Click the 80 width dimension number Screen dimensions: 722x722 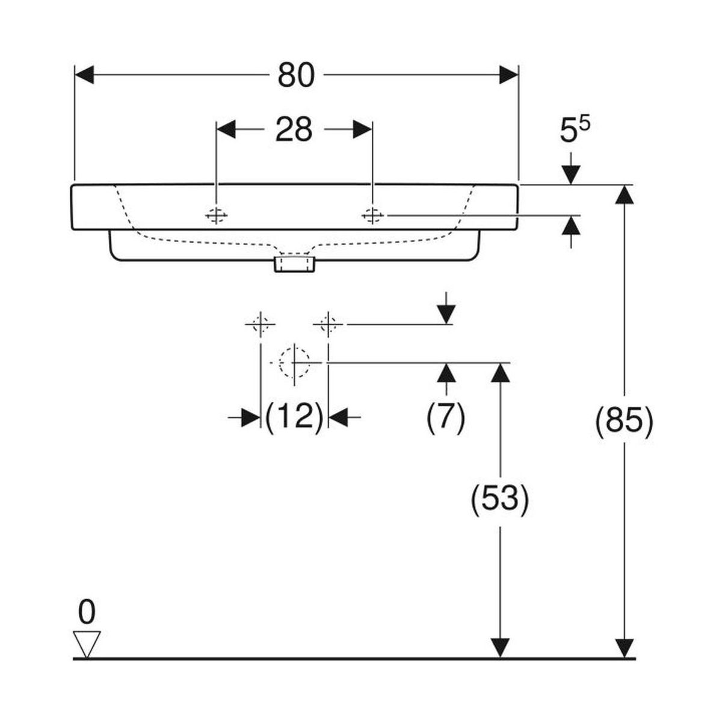[296, 76]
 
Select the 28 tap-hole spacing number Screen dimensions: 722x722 [294, 129]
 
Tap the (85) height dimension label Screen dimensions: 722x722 [623, 422]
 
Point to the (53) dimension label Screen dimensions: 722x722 [499, 498]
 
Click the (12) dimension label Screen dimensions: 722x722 [294, 416]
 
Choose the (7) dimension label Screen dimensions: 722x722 [445, 416]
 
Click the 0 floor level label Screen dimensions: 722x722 [87, 612]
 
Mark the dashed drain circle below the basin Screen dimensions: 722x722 [295, 363]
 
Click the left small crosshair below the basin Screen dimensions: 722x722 [261, 324]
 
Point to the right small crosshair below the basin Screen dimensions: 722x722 [328, 324]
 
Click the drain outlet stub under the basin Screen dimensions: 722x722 [294, 264]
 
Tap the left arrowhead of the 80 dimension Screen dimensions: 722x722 [85, 75]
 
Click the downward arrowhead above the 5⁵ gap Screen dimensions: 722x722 [570, 174]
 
